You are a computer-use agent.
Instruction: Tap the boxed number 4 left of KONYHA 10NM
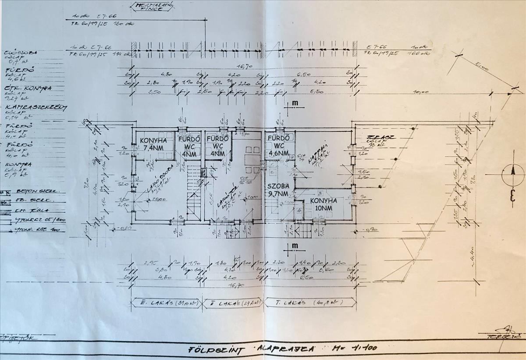point(299,210)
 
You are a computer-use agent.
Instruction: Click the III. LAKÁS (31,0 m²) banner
point(167,303)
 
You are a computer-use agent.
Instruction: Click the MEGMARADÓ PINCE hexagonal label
point(149,7)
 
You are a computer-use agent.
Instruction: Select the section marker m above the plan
point(295,103)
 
